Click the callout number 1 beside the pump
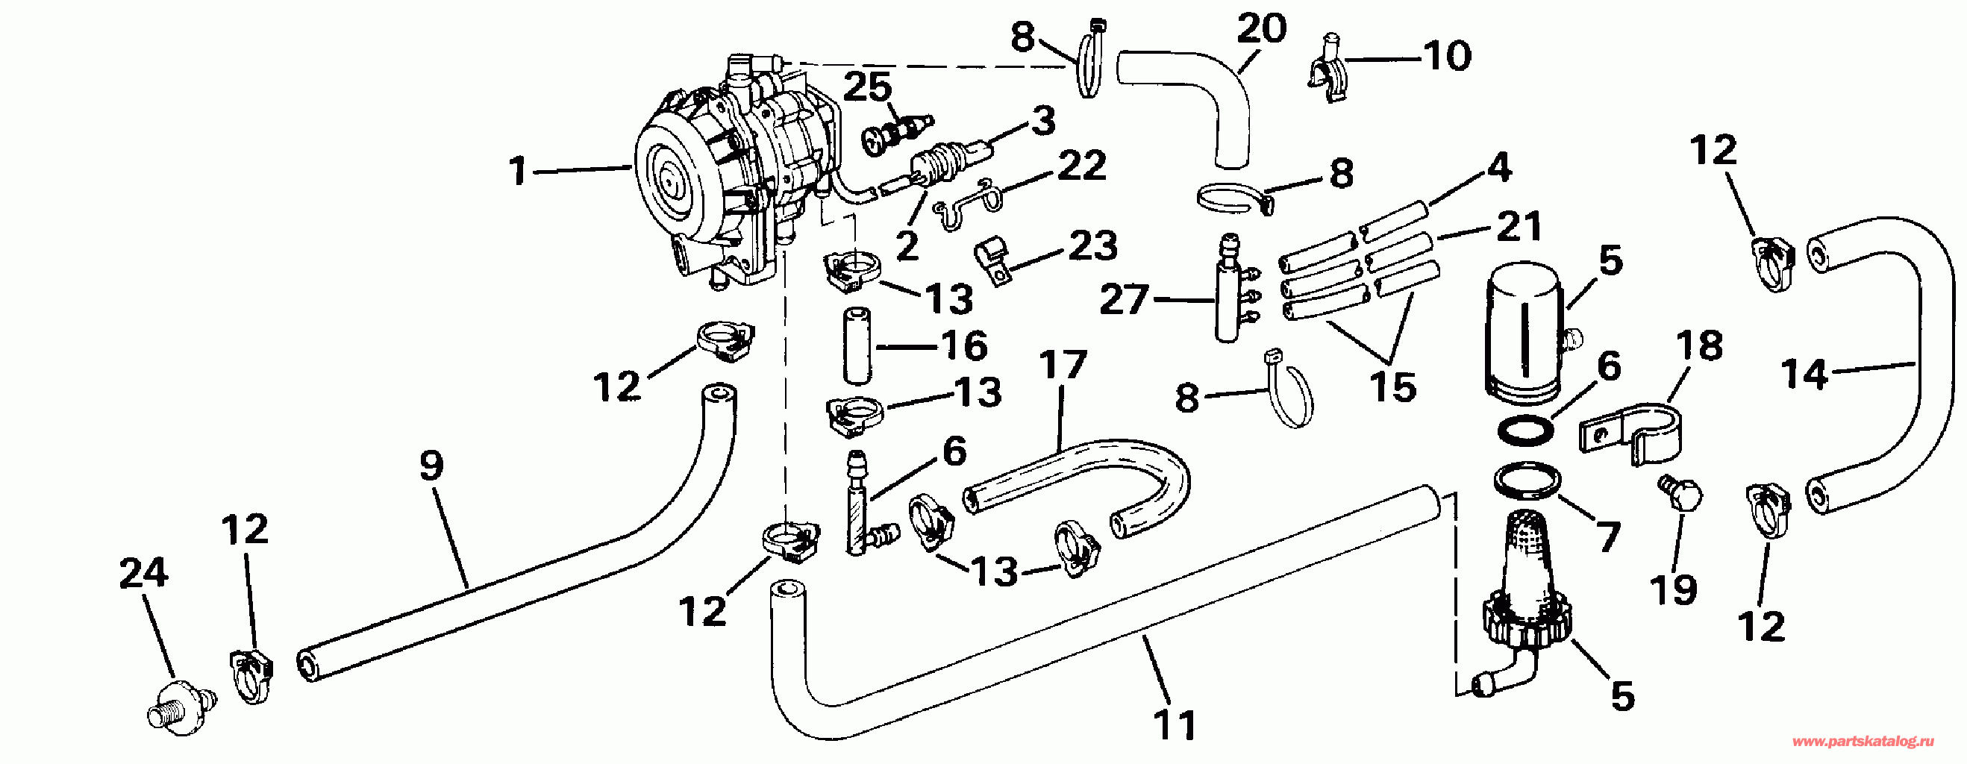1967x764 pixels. tap(519, 170)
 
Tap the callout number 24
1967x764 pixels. tap(143, 573)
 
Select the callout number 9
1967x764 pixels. tap(431, 465)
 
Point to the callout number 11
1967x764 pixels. tap(1175, 724)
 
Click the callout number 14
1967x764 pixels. tap(1804, 375)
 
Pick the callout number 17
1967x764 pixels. tap(1063, 364)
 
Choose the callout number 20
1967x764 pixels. tap(1261, 29)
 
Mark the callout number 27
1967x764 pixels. tap(1124, 299)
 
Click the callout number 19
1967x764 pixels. tap(1674, 589)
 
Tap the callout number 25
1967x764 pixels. tap(867, 87)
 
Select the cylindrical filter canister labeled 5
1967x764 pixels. tap(1526, 334)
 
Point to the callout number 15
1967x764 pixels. tap(1392, 388)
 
